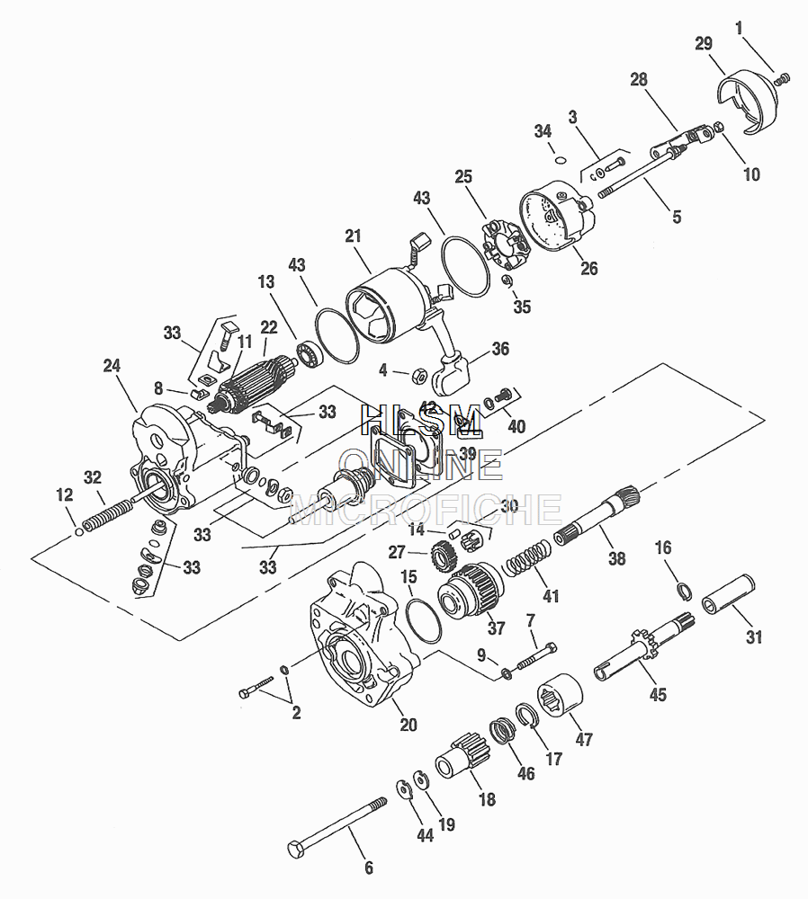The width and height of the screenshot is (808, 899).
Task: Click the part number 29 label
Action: (x=704, y=44)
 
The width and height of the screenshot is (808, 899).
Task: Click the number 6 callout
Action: (x=368, y=868)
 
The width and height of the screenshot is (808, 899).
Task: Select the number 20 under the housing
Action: (x=408, y=725)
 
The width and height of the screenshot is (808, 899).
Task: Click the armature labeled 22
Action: (x=257, y=378)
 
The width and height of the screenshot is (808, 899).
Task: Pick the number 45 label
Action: (x=659, y=695)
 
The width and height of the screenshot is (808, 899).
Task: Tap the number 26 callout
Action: (x=589, y=268)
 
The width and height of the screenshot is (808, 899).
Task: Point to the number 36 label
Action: (x=500, y=348)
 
